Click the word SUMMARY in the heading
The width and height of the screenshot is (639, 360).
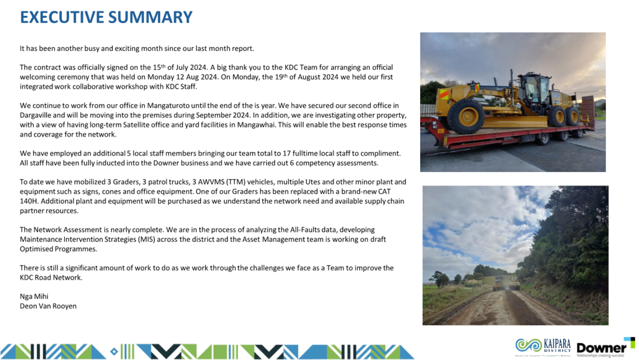[150, 17]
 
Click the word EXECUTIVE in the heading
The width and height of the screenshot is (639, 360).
[62, 17]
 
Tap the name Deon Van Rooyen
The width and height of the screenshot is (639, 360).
[48, 306]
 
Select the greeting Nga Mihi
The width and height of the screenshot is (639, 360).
[34, 296]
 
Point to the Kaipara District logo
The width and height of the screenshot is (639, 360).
[543, 346]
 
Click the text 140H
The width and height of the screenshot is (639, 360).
[28, 201]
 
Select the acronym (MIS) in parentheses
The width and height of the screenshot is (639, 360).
[146, 239]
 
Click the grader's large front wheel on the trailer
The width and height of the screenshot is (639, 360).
[466, 116]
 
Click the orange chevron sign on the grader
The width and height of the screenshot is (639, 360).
[444, 93]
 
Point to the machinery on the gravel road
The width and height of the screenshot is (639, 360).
[506, 283]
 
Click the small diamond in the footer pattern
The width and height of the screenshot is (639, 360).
[114, 352]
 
